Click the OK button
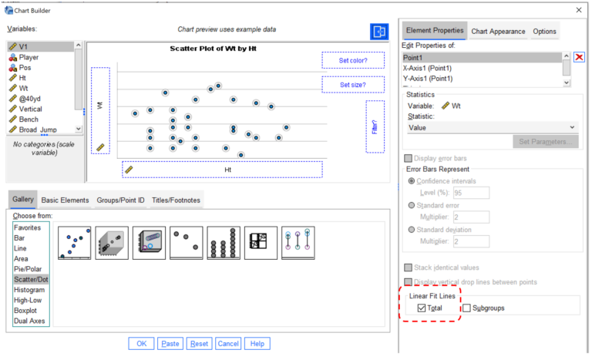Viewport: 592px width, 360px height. tap(140, 344)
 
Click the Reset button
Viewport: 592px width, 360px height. tap(199, 344)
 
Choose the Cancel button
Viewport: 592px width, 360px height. tap(228, 344)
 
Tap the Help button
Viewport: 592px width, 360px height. tap(257, 344)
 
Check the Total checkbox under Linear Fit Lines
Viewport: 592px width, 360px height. tap(421, 308)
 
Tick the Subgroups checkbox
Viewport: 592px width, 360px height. tap(466, 308)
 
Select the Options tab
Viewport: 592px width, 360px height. tap(544, 32)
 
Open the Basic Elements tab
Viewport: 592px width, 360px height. tap(65, 200)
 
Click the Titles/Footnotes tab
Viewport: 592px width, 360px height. tap(176, 200)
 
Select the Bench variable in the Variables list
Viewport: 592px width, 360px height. tap(30, 119)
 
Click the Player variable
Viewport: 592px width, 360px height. tap(29, 57)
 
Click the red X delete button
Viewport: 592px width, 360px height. tap(579, 58)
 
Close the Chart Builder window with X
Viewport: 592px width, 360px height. tap(579, 9)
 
